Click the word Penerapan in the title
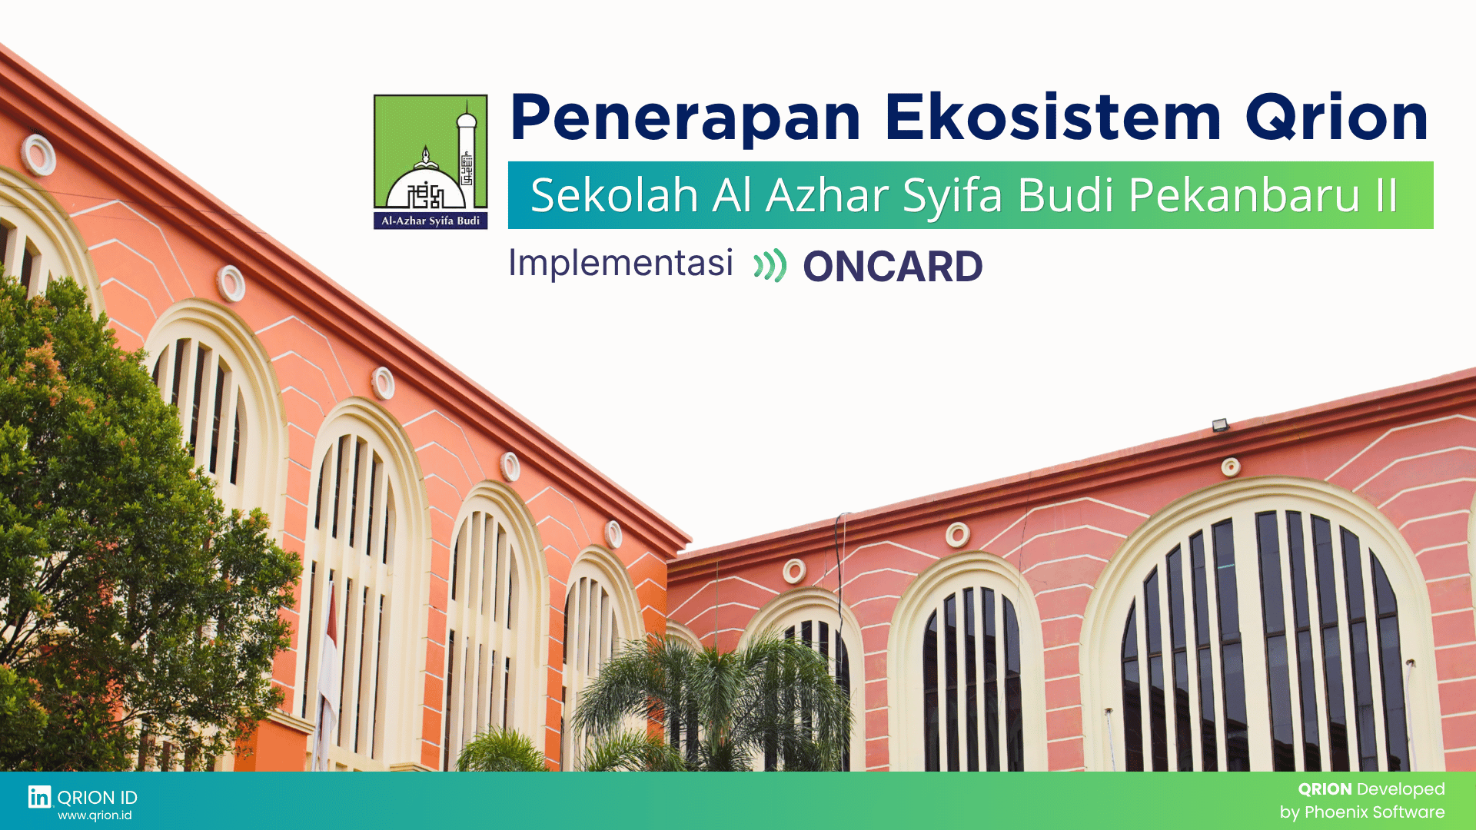pos(685,118)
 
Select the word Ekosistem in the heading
pos(1052,118)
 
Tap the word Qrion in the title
pos(1337,118)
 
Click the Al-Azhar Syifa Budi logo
pos(430,161)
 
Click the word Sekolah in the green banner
pos(614,195)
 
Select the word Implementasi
pos(620,263)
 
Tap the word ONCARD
pos(893,267)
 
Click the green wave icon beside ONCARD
pos(770,266)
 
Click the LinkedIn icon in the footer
pos(40,797)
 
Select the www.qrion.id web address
pos(95,815)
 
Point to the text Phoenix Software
pos(1375,812)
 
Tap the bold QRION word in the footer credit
pos(1325,789)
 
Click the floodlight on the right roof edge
pos(1220,425)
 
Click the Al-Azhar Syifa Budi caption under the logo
pos(430,221)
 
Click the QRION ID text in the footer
pos(97,797)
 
